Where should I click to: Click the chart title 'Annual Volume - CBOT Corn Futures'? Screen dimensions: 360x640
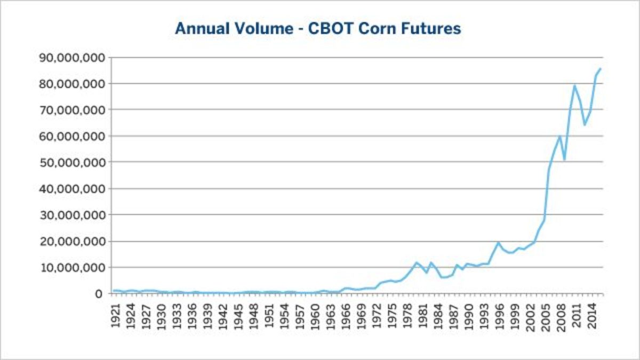click(x=318, y=28)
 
